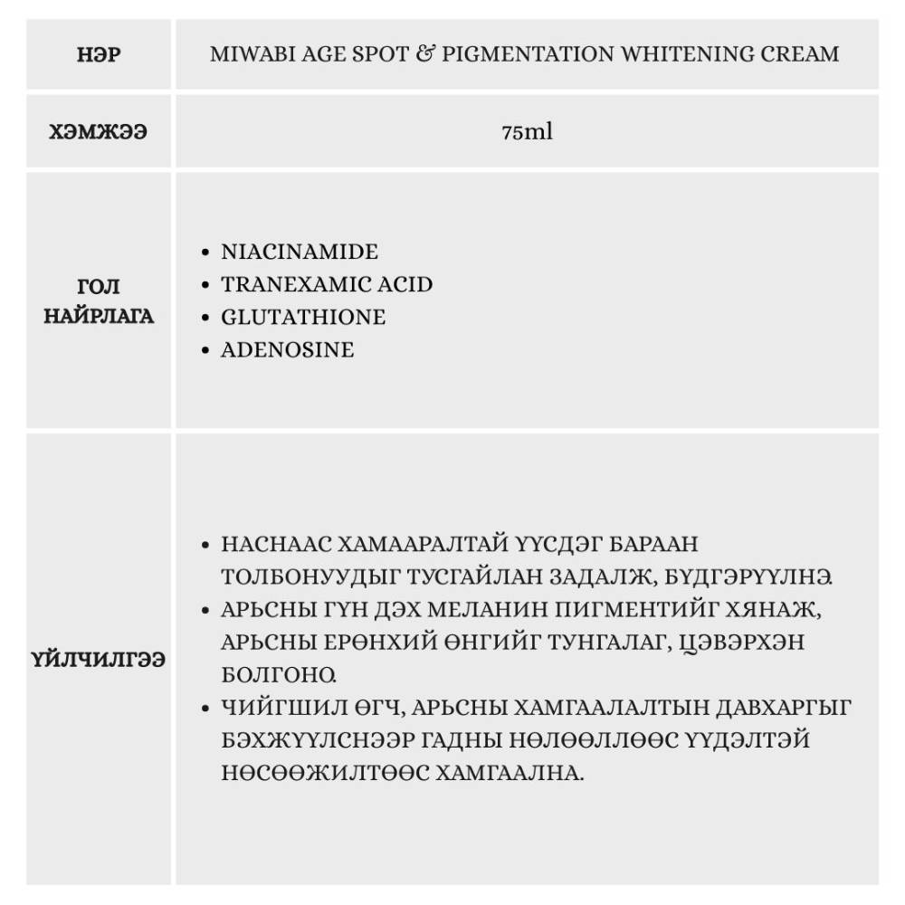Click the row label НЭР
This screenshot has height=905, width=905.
99,54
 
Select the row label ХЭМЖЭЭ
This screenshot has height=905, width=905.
99,132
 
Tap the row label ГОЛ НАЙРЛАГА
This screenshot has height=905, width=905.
99,301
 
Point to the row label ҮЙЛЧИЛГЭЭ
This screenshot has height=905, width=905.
99,659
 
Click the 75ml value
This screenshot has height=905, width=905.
527,132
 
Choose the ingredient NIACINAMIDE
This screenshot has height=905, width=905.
300,252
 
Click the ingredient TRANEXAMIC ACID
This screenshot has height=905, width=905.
327,284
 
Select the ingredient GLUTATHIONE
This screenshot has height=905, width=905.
303,317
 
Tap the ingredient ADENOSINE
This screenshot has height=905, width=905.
288,349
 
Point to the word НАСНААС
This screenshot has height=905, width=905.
273,545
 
